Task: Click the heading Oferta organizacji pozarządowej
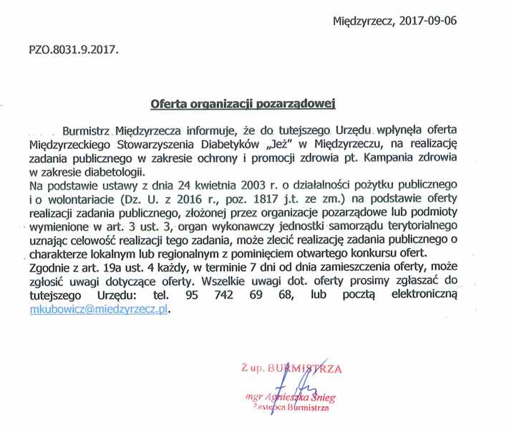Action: pyautogui.click(x=243, y=103)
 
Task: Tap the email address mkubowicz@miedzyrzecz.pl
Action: pyautogui.click(x=98, y=309)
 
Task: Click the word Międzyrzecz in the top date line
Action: pyautogui.click(x=362, y=20)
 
